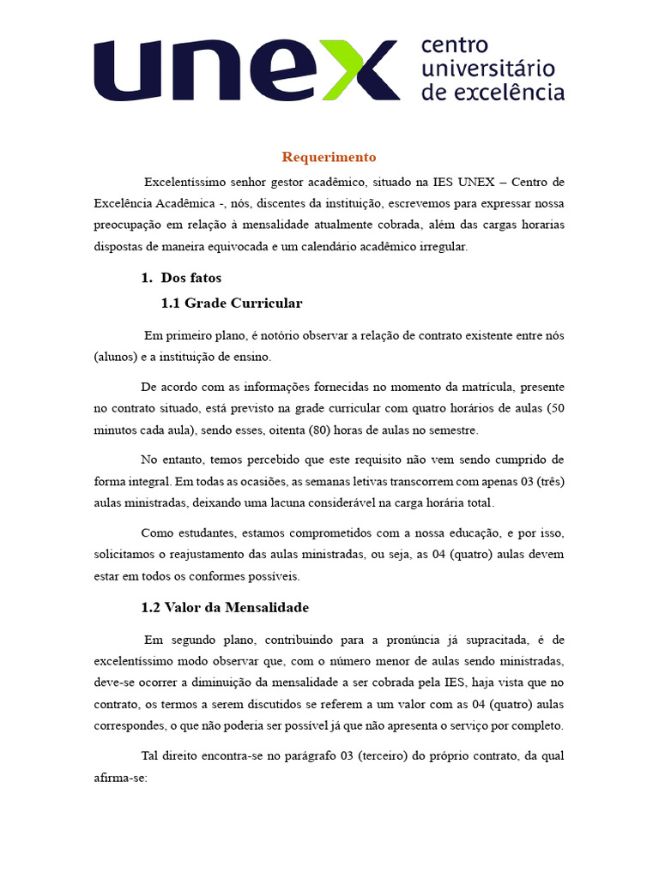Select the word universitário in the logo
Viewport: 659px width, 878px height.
coord(487,69)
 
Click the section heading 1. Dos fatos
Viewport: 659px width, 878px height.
coord(181,278)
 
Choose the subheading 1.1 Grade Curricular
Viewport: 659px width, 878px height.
coord(232,303)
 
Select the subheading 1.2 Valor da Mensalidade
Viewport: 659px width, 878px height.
coord(225,607)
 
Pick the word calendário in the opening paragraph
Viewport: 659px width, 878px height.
coord(329,246)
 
